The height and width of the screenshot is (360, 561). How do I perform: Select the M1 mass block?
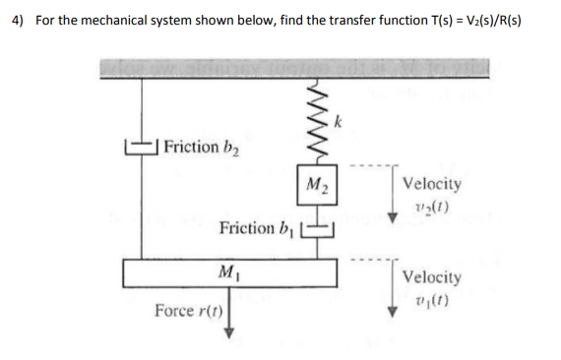tap(229, 270)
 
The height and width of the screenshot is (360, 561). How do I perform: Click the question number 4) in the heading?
tap(20, 22)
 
